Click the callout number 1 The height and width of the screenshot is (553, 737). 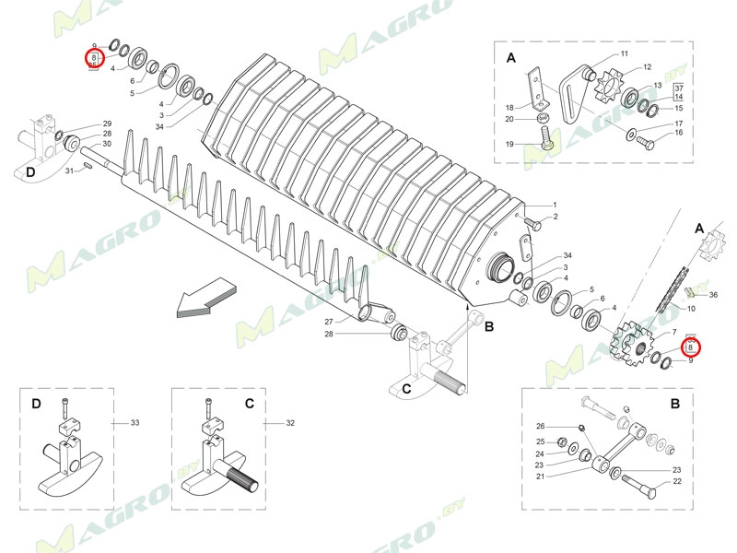pyautogui.click(x=555, y=204)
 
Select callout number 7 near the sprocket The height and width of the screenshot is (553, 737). pyautogui.click(x=674, y=331)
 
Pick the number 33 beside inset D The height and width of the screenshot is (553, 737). pyautogui.click(x=135, y=423)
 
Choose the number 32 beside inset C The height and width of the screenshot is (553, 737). pyautogui.click(x=289, y=423)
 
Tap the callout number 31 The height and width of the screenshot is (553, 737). pyautogui.click(x=68, y=171)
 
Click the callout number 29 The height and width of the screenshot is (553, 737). pyautogui.click(x=107, y=124)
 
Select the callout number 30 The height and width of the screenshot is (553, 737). pyautogui.click(x=107, y=144)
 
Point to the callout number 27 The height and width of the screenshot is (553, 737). pyautogui.click(x=328, y=321)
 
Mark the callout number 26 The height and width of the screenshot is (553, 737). pyautogui.click(x=541, y=426)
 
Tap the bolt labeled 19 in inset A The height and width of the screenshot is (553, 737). pyautogui.click(x=545, y=138)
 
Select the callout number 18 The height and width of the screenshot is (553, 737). pyautogui.click(x=509, y=108)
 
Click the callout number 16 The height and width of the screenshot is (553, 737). pyautogui.click(x=679, y=133)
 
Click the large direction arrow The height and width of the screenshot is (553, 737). pyautogui.click(x=205, y=300)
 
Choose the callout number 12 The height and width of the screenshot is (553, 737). pyautogui.click(x=647, y=67)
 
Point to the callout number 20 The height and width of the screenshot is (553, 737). pyautogui.click(x=509, y=120)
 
